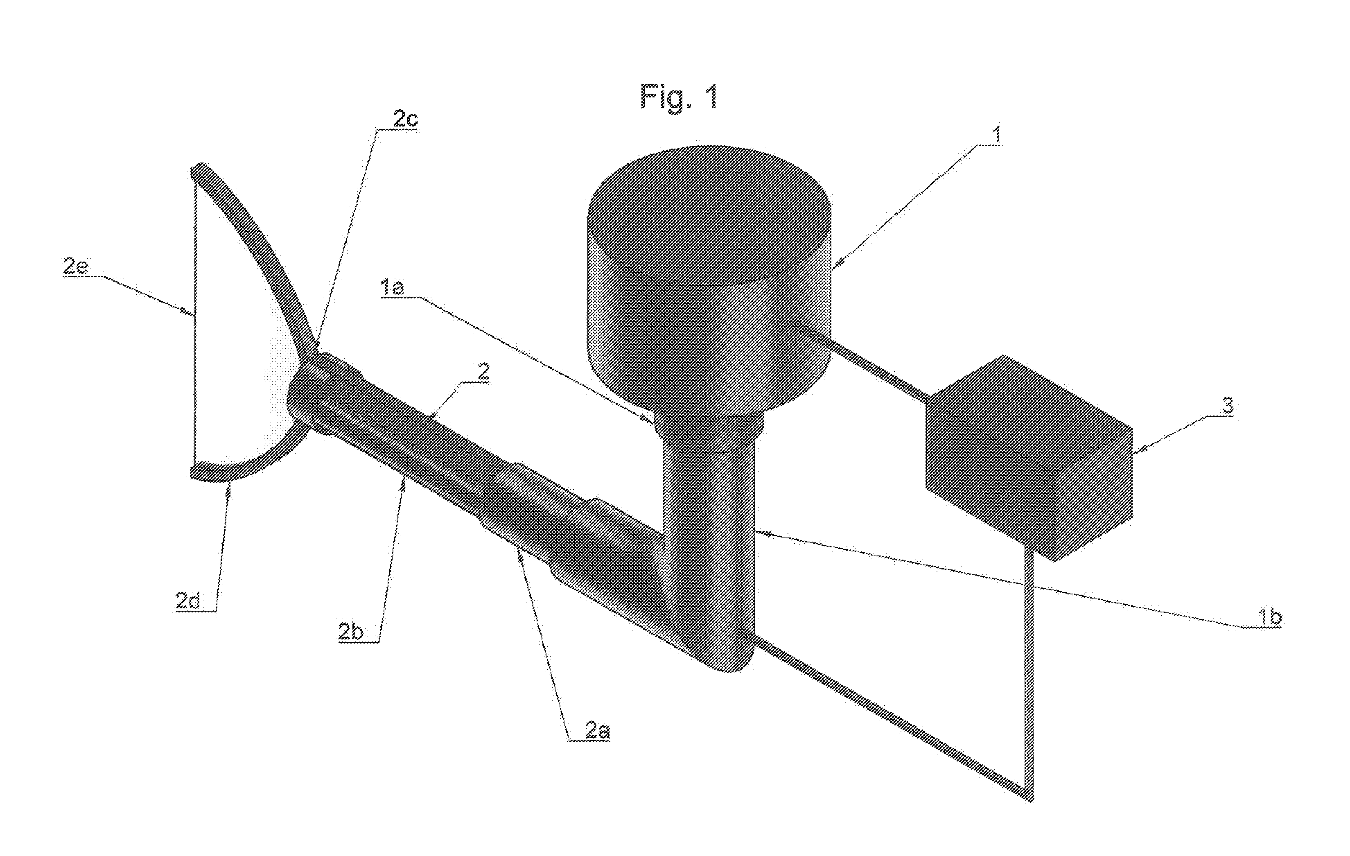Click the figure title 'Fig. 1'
[x=680, y=97]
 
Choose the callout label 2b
[x=350, y=631]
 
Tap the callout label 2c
[x=405, y=119]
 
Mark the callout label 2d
[x=188, y=601]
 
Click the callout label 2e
[x=76, y=266]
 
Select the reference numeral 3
[x=1228, y=405]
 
